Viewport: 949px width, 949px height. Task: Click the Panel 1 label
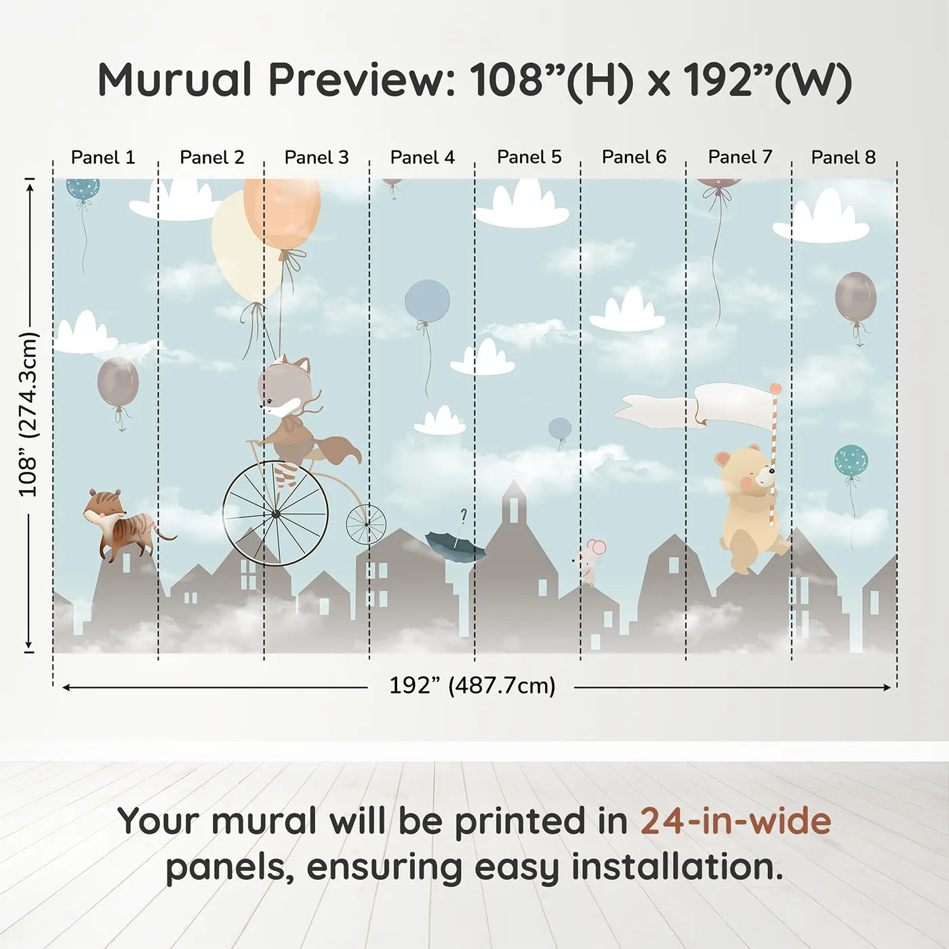[103, 157]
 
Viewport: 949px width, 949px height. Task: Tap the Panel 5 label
[529, 157]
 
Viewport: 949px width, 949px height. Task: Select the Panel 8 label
[843, 157]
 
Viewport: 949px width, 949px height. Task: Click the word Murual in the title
[175, 80]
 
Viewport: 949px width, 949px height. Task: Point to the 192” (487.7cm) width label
[472, 686]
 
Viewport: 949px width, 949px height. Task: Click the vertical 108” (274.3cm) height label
[28, 414]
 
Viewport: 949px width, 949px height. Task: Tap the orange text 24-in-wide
[735, 821]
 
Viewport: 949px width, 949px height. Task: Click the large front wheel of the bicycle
[275, 514]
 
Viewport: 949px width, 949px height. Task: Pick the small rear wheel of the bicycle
[366, 525]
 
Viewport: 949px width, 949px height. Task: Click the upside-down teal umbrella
[456, 544]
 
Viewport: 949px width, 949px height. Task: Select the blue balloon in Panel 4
[427, 301]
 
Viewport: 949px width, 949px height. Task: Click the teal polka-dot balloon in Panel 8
[851, 461]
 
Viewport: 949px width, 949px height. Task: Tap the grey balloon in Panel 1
[118, 382]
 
